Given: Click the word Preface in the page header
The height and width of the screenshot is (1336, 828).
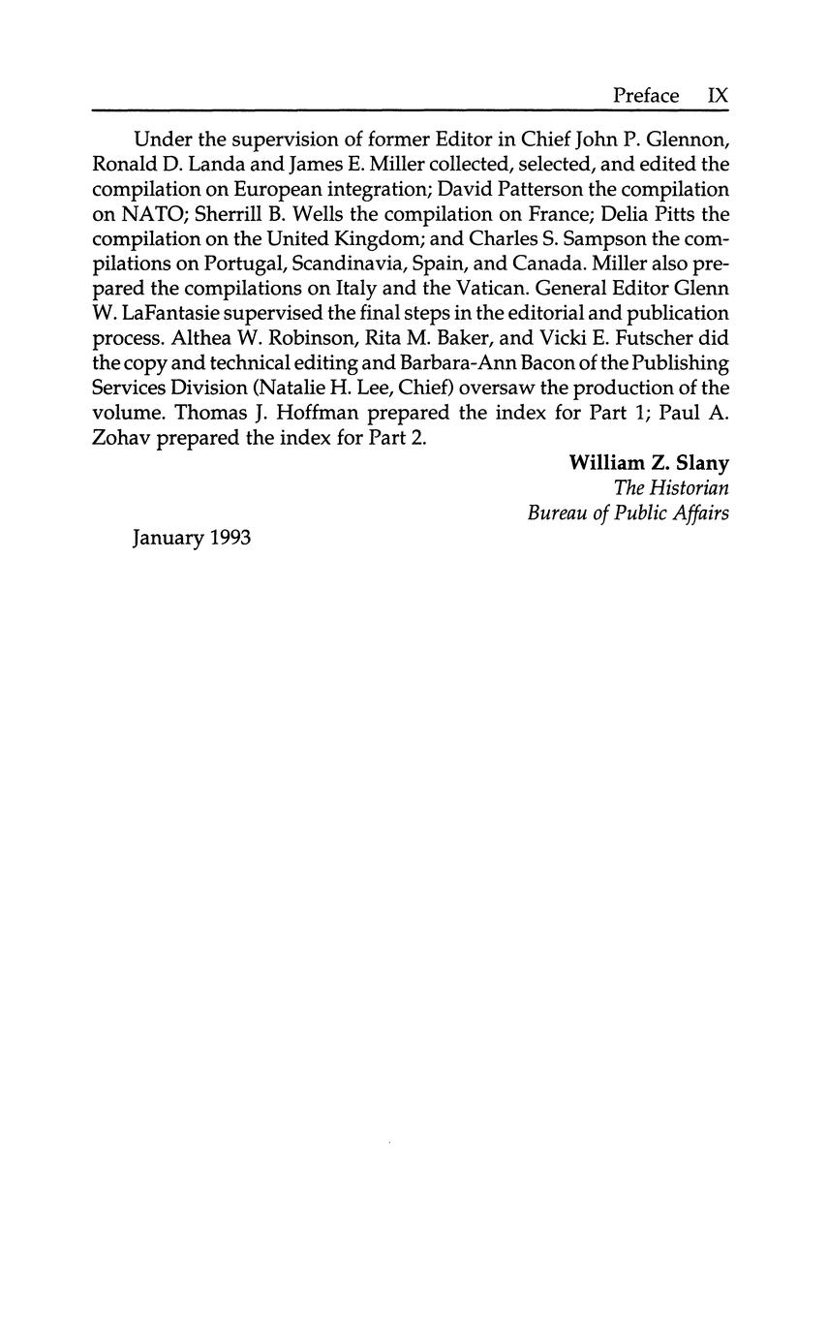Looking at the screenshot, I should click(646, 95).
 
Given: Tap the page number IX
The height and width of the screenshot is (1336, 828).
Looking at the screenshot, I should click(718, 95).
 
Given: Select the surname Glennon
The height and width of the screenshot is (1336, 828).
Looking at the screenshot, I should click(690, 140).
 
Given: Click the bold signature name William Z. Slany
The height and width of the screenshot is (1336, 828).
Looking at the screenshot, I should click(648, 462).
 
